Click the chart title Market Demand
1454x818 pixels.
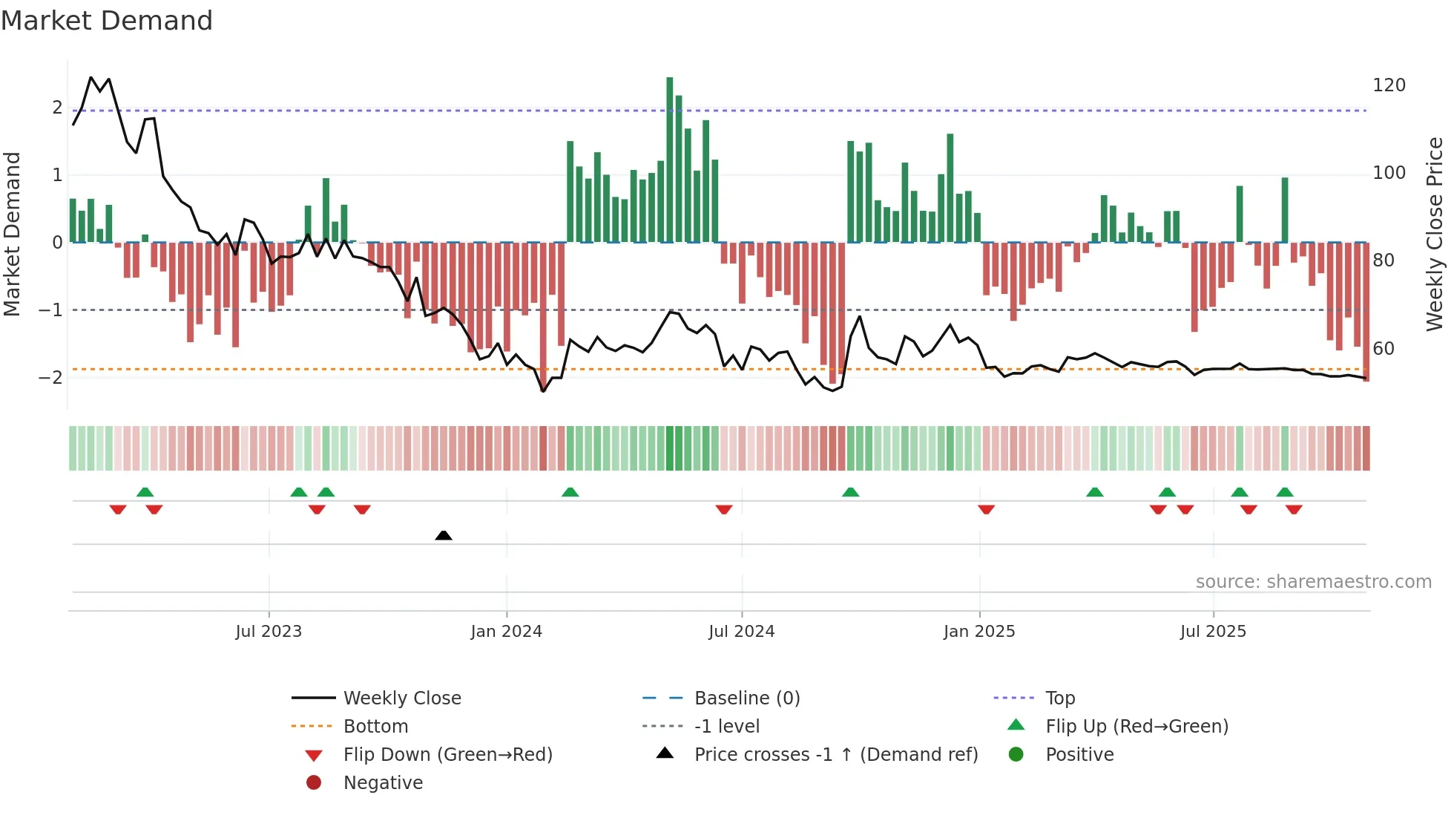coord(107,21)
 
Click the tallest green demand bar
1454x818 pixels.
coord(669,160)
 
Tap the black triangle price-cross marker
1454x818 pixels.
coord(444,535)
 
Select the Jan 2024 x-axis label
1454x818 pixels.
coord(507,632)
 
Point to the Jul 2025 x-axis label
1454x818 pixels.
coord(1213,632)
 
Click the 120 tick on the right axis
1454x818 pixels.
coord(1389,85)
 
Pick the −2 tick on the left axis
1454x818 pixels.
coord(50,377)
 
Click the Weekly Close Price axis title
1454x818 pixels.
coord(1435,234)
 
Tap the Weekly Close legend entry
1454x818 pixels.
coord(401,698)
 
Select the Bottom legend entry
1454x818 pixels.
coord(375,727)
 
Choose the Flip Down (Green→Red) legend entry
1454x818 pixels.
coord(447,755)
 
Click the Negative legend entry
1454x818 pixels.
coord(383,783)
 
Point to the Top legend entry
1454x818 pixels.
coord(1060,698)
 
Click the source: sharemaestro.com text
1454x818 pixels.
coord(1313,582)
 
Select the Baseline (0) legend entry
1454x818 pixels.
coord(746,698)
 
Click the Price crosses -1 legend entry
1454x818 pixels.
coord(835,755)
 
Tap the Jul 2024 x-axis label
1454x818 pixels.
coord(741,632)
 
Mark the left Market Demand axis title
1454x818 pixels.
coord(12,234)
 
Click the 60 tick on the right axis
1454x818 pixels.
coord(1383,349)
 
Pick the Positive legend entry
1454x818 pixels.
coord(1079,755)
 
